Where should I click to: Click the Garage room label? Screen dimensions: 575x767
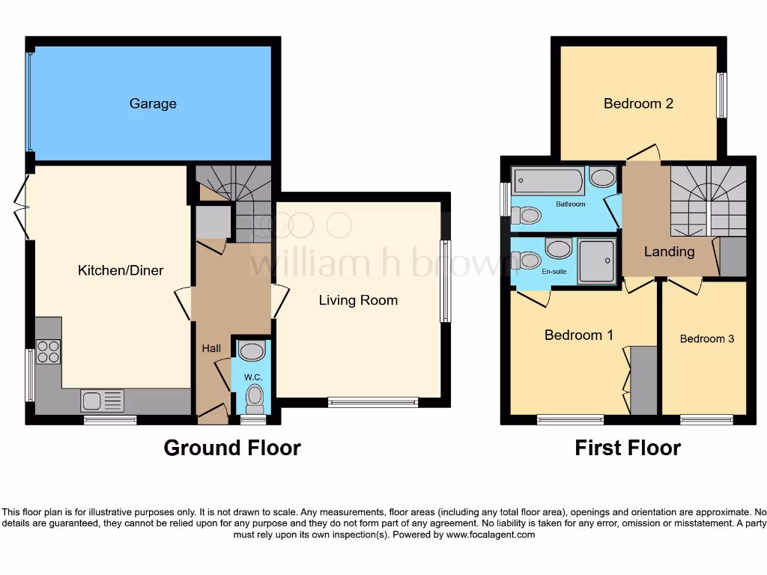tap(153, 103)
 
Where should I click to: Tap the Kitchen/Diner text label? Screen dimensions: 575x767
tap(121, 270)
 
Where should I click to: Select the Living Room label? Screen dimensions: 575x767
tap(358, 300)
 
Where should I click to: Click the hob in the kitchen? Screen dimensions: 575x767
tap(49, 352)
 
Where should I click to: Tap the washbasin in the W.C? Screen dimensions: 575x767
tap(252, 351)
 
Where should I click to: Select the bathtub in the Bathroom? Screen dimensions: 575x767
tap(548, 181)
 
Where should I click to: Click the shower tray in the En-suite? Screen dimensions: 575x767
tap(597, 261)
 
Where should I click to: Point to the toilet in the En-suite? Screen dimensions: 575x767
tap(528, 261)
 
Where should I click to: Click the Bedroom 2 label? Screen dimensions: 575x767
tap(638, 103)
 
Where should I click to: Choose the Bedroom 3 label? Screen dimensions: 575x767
tap(706, 338)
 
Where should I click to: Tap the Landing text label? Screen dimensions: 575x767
tap(669, 252)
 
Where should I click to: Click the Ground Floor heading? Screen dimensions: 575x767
tap(232, 448)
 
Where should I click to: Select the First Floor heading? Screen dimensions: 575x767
tap(628, 448)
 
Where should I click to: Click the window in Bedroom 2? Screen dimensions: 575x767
tap(721, 95)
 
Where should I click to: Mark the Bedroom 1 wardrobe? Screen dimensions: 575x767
tap(643, 380)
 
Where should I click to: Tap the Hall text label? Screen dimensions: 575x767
tap(211, 348)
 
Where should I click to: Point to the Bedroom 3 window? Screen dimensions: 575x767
tap(706, 419)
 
